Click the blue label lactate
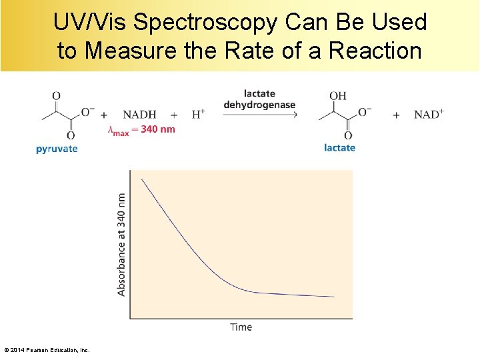(x=339, y=147)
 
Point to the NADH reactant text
(x=139, y=115)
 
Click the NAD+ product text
(x=429, y=114)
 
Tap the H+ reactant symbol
(x=198, y=114)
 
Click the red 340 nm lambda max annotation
(x=141, y=129)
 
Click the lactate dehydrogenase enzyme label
(x=259, y=99)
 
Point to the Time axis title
(x=241, y=327)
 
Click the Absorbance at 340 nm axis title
(x=121, y=245)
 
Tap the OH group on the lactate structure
(x=338, y=95)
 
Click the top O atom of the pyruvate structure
(x=56, y=95)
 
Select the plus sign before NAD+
(x=396, y=115)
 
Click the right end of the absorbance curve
(x=334, y=297)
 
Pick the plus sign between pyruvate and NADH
(x=104, y=115)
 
